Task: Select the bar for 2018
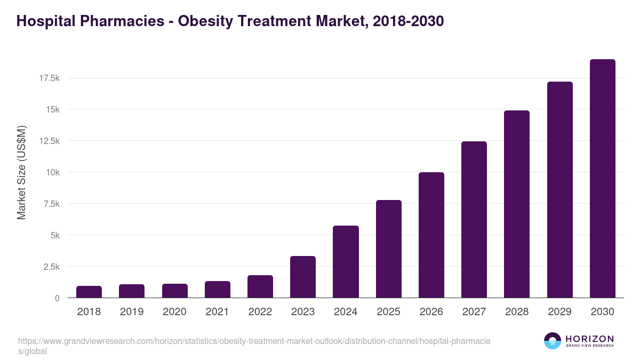89,292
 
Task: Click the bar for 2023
303,277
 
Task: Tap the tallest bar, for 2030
602,179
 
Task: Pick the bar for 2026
431,235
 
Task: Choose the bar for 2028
517,204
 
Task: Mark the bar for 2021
218,290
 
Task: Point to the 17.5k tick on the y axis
49,78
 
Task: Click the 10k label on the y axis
52,172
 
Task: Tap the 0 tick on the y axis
57,298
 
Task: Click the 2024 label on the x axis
346,312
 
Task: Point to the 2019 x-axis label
132,312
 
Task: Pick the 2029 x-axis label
559,312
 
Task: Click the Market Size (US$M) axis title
21,172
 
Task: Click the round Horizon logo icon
553,341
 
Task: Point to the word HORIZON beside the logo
589,339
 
